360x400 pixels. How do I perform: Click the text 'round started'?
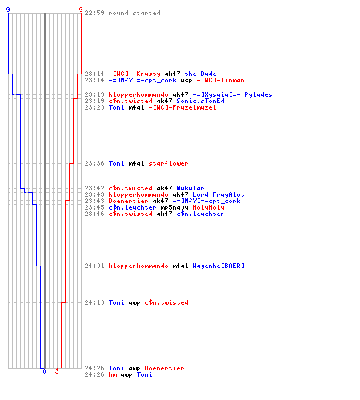point(134,13)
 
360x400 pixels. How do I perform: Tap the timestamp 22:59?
point(94,13)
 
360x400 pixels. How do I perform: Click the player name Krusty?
point(148,74)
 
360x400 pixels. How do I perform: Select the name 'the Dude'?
point(200,74)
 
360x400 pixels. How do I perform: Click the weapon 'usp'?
point(186,81)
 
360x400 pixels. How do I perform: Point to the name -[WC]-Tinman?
point(220,80)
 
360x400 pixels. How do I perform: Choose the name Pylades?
point(258,94)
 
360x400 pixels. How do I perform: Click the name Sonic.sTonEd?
point(200,101)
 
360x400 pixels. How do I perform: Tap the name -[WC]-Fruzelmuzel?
point(182,107)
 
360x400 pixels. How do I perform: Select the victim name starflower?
point(168,163)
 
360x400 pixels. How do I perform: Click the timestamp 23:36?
point(94,163)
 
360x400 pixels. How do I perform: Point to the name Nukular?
point(190,188)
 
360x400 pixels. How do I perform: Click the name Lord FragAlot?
point(218,194)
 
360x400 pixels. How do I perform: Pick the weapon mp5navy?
point(174,208)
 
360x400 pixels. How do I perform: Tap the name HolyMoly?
point(208,207)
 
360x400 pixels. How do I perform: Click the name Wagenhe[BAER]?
point(218,266)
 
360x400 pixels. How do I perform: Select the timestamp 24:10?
point(94,302)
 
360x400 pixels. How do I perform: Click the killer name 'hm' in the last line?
point(112,374)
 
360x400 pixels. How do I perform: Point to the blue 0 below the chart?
point(44,371)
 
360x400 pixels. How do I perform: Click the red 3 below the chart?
point(57,371)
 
